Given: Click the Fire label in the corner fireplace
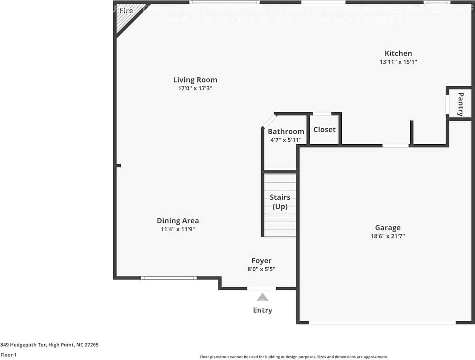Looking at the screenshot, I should click(x=126, y=11).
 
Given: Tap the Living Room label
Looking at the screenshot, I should click(x=195, y=80).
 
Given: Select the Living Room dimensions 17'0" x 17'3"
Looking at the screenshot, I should click(x=195, y=88).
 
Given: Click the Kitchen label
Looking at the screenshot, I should click(x=398, y=53).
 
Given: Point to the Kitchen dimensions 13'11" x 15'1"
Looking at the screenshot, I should click(x=398, y=62).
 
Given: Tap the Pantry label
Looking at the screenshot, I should click(x=460, y=104).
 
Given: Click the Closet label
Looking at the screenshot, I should click(x=324, y=130).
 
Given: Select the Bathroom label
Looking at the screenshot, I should click(x=286, y=132).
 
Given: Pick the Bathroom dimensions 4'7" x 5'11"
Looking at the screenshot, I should click(x=286, y=140).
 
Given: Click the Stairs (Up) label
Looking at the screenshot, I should click(x=280, y=202).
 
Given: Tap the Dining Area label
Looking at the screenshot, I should click(x=178, y=221).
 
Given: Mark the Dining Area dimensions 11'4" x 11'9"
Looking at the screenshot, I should click(x=178, y=229).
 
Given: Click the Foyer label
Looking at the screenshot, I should click(x=261, y=261).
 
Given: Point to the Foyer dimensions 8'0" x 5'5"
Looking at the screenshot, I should click(x=261, y=269).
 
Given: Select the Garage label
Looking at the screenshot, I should click(x=388, y=228).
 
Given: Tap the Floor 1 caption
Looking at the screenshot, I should click(x=9, y=355).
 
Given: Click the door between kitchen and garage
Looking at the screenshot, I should click(x=396, y=145).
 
